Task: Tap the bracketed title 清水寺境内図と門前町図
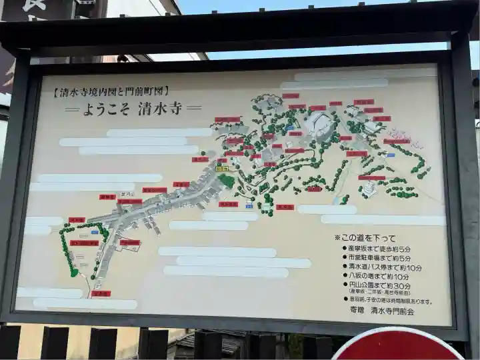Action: point(111,91)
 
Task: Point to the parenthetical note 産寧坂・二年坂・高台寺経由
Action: point(379,293)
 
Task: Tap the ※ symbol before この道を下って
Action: point(337,237)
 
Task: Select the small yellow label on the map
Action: point(221,169)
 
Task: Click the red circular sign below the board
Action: point(397,345)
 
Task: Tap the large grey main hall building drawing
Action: point(319,123)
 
